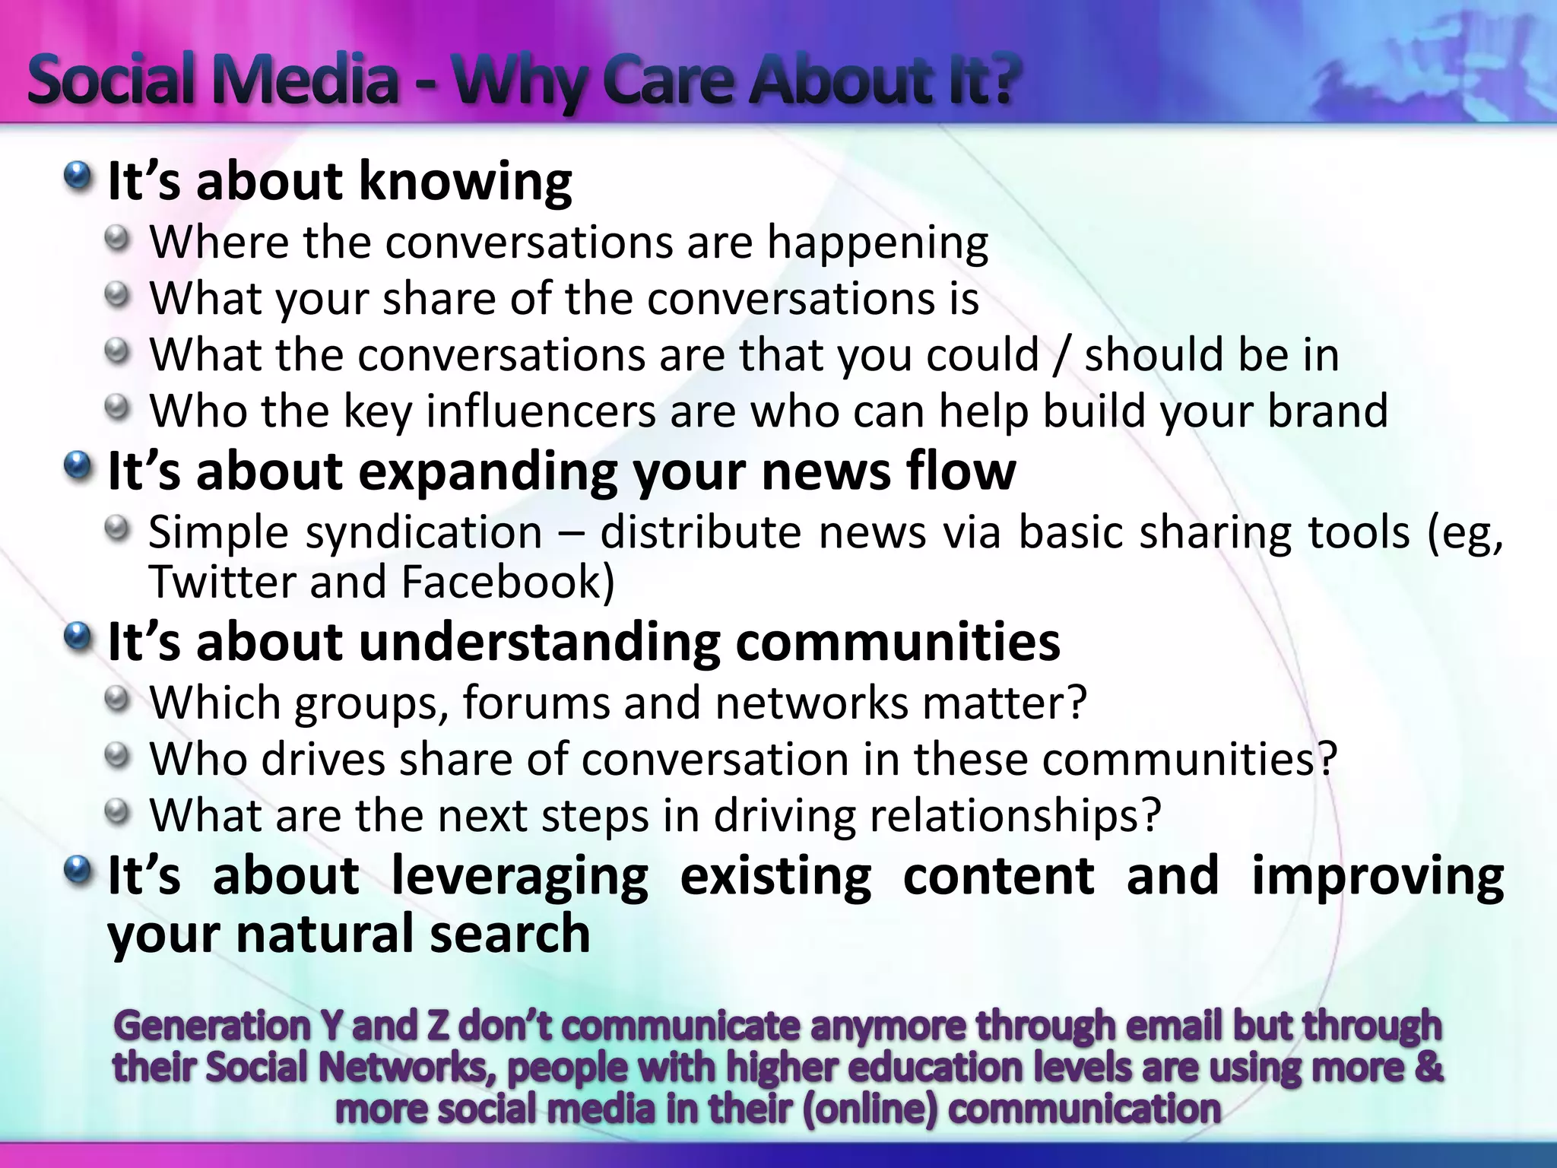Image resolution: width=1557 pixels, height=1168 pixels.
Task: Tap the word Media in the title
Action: coord(305,80)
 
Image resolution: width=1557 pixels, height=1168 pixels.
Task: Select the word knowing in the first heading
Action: coord(465,183)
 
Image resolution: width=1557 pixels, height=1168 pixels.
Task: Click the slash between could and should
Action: coord(1061,355)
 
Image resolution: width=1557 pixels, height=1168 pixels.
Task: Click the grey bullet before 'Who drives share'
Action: coord(117,756)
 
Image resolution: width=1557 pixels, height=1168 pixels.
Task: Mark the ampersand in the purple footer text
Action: coord(1428,1066)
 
